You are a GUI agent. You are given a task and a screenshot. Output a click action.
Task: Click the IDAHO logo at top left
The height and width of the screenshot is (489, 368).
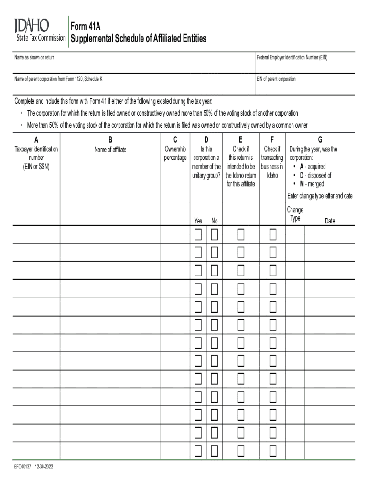(32, 25)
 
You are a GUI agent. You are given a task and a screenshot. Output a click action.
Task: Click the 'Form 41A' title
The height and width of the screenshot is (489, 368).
(85, 26)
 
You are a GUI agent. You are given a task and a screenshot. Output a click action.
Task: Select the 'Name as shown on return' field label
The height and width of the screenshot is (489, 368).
(34, 58)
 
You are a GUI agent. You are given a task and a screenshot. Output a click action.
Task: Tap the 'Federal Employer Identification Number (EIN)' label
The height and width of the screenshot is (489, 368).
(292, 58)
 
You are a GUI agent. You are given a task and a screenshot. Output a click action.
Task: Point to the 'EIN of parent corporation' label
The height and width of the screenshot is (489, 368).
(276, 79)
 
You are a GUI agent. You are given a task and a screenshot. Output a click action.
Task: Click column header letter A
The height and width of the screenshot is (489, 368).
(36, 140)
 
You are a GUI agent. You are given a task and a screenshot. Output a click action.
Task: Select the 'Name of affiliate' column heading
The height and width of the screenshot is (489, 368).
(110, 149)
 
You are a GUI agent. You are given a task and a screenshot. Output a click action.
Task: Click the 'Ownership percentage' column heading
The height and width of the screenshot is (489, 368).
(175, 153)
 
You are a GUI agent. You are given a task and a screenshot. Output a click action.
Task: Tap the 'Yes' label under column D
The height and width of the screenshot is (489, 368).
(198, 221)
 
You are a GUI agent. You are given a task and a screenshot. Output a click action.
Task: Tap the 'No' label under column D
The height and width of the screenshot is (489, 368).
(215, 221)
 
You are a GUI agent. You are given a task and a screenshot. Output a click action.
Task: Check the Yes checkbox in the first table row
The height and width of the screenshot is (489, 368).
(198, 234)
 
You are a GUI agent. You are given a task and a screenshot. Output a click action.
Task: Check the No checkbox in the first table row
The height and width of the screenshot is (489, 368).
(215, 234)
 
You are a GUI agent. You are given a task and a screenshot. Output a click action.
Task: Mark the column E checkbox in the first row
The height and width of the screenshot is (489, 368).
(240, 234)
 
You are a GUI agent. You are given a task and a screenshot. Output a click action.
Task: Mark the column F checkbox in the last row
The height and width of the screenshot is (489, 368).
(273, 450)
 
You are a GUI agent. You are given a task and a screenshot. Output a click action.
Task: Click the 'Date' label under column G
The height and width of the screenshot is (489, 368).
(330, 221)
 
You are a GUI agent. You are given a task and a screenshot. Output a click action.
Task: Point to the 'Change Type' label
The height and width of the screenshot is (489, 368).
(295, 214)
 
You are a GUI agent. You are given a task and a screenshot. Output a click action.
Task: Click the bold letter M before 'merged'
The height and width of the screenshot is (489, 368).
(302, 184)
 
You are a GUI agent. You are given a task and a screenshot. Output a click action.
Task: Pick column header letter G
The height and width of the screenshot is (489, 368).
(320, 140)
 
